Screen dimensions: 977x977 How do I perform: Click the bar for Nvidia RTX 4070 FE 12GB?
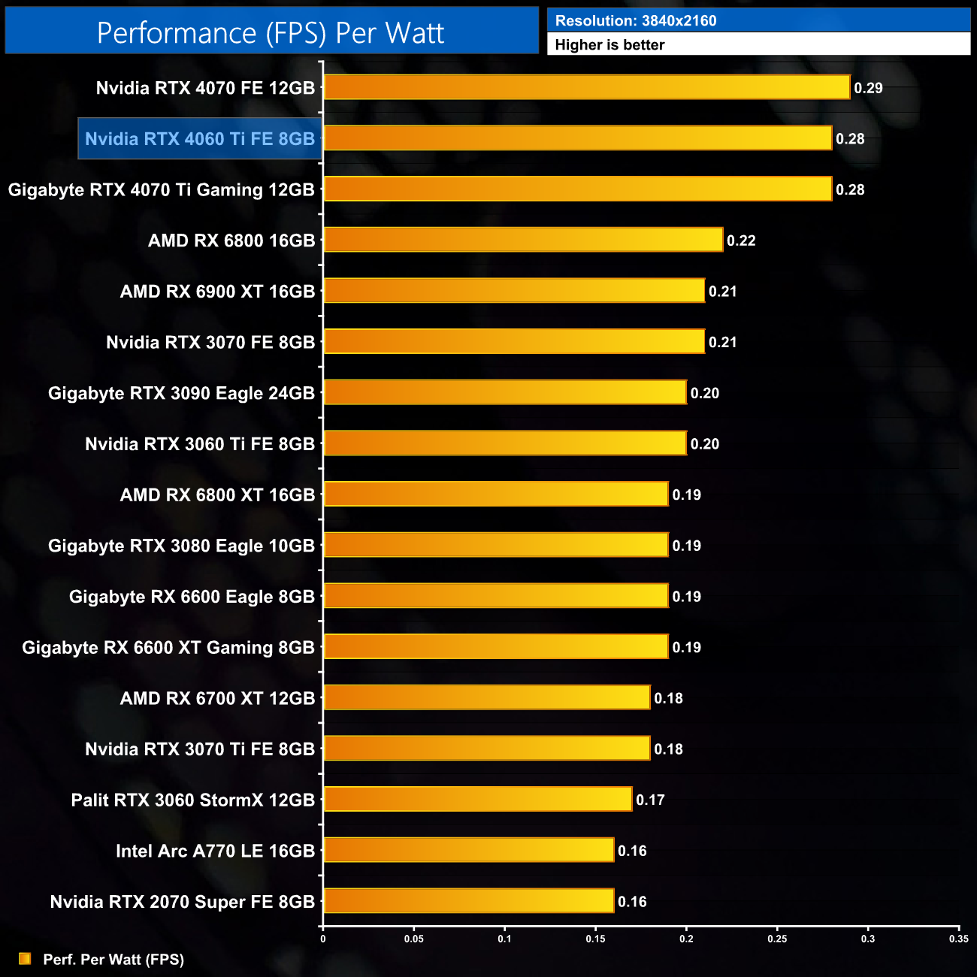(586, 87)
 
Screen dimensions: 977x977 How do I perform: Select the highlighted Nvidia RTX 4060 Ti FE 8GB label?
(200, 139)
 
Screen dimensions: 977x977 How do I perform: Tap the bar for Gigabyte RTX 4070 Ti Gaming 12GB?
(577, 189)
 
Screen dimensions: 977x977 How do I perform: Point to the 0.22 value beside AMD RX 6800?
(741, 240)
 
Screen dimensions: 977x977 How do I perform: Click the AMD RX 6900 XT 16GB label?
(217, 292)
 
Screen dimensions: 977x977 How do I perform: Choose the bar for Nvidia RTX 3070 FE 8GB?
(514, 342)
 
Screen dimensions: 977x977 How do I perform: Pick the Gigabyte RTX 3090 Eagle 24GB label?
(181, 393)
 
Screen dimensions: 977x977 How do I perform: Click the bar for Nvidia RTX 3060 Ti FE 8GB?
(505, 443)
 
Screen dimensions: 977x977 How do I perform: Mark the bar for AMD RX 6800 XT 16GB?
(496, 495)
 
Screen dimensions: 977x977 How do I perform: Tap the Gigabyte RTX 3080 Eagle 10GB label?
(181, 546)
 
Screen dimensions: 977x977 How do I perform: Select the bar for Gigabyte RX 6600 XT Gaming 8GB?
(496, 647)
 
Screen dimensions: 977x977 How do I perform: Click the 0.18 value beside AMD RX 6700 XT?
(668, 698)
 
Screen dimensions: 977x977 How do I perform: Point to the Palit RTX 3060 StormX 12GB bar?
(478, 800)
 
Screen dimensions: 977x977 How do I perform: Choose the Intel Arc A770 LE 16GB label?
(215, 851)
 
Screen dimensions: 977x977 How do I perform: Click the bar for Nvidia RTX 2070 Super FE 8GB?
(469, 901)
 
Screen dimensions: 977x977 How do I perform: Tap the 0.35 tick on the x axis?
(959, 939)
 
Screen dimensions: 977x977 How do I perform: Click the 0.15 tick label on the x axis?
(595, 939)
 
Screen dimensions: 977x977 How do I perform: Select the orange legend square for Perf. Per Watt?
(25, 959)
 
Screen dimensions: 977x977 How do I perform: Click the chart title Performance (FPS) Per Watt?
(271, 33)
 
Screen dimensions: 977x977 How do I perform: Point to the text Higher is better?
(609, 45)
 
